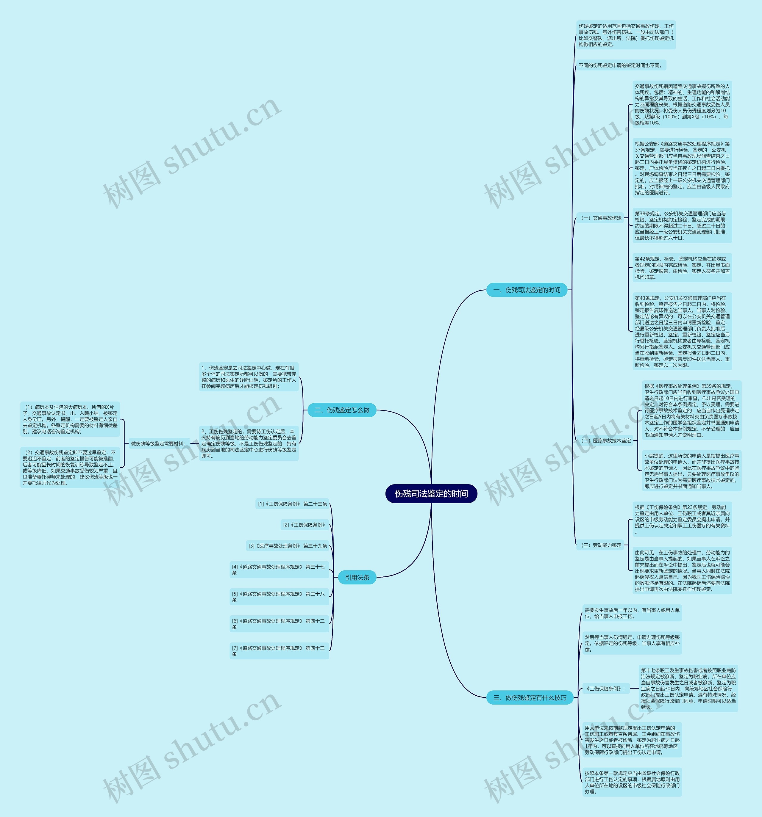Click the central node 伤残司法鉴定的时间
(x=431, y=494)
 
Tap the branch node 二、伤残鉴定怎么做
(x=342, y=410)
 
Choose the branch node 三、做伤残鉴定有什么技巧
(x=530, y=697)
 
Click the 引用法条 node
(x=357, y=577)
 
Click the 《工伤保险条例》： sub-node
(x=606, y=688)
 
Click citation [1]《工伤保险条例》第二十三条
(x=292, y=504)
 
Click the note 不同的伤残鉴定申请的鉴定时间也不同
(x=621, y=65)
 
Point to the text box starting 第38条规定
(x=682, y=226)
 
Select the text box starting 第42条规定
(x=682, y=268)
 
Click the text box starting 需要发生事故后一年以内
(x=632, y=613)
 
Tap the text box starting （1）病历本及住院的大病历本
(x=70, y=419)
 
